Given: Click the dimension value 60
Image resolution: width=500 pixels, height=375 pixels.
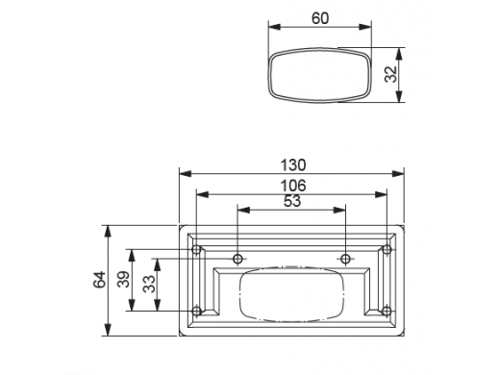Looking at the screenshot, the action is pyautogui.click(x=320, y=18).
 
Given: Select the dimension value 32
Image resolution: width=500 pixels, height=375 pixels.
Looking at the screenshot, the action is pyautogui.click(x=390, y=74).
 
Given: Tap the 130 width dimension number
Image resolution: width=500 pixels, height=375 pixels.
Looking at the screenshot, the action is pyautogui.click(x=293, y=165).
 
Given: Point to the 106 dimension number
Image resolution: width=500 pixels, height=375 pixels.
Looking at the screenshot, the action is pyautogui.click(x=293, y=186).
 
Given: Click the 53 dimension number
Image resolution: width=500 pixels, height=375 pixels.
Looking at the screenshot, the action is pyautogui.click(x=292, y=201).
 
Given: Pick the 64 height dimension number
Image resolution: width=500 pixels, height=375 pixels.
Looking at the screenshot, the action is pyautogui.click(x=99, y=280).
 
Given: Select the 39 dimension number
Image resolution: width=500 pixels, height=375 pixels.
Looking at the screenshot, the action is pyautogui.click(x=123, y=280).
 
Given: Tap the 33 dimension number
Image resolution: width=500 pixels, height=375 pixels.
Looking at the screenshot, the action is pyautogui.click(x=149, y=285).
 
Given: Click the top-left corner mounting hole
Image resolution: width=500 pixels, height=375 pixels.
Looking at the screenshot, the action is pyautogui.click(x=196, y=249).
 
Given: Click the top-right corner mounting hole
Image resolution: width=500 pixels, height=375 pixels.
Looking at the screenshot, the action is pyautogui.click(x=387, y=249).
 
